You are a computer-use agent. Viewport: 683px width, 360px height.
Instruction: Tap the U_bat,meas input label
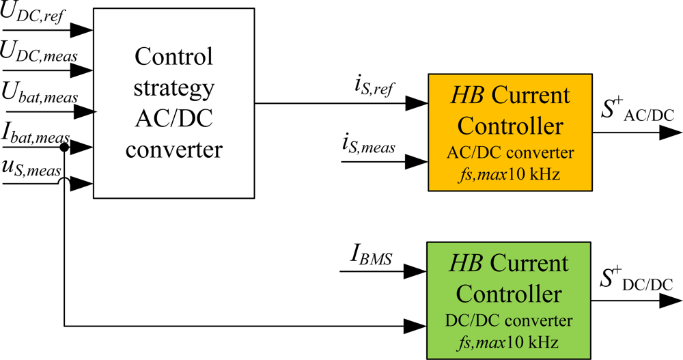coord(40,93)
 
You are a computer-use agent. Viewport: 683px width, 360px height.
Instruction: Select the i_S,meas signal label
coord(368,146)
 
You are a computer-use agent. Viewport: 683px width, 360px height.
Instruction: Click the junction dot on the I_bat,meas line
coord(64,146)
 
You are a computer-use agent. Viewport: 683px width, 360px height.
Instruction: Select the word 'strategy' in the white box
coord(174,89)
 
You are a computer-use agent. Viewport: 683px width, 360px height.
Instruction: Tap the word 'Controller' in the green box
coord(509,294)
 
